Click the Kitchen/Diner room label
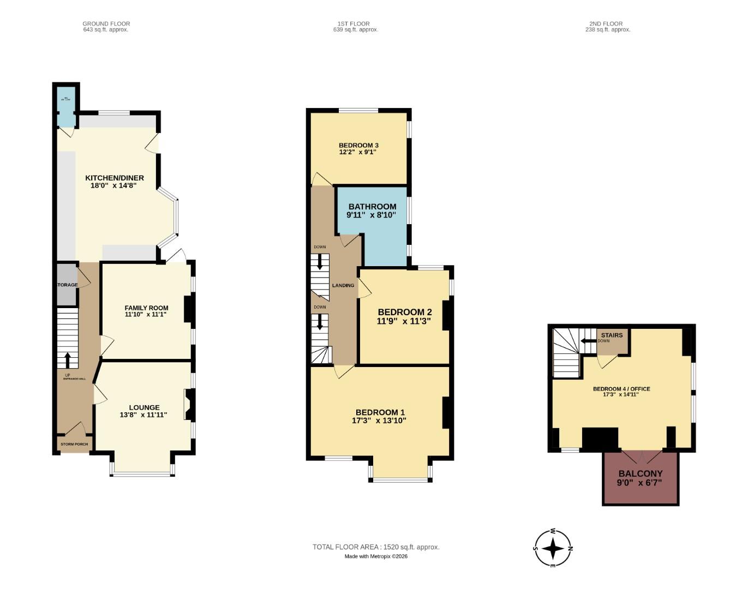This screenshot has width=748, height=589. point(115,178)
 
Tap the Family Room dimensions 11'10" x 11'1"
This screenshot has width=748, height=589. point(146,315)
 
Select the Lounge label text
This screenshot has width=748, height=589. point(144,407)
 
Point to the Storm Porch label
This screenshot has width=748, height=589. point(74,444)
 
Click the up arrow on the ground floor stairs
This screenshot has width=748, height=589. point(68,360)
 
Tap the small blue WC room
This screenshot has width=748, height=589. point(66,106)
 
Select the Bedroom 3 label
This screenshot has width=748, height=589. point(358,145)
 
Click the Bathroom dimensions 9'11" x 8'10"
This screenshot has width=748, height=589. point(372,215)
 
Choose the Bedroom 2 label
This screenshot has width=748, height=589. point(405,312)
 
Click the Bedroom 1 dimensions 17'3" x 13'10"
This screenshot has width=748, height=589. point(380,420)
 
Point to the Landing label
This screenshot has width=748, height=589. point(343,285)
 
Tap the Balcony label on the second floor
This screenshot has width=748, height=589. point(641,474)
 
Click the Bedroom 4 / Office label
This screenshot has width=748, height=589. point(621,389)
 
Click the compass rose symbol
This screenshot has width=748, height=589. point(553,548)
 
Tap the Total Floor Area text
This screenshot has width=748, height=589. point(375,547)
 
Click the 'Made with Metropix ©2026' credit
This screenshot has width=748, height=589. point(376,556)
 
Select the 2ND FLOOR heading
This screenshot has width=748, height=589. point(606,24)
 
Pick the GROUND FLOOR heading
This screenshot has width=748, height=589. point(106,24)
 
